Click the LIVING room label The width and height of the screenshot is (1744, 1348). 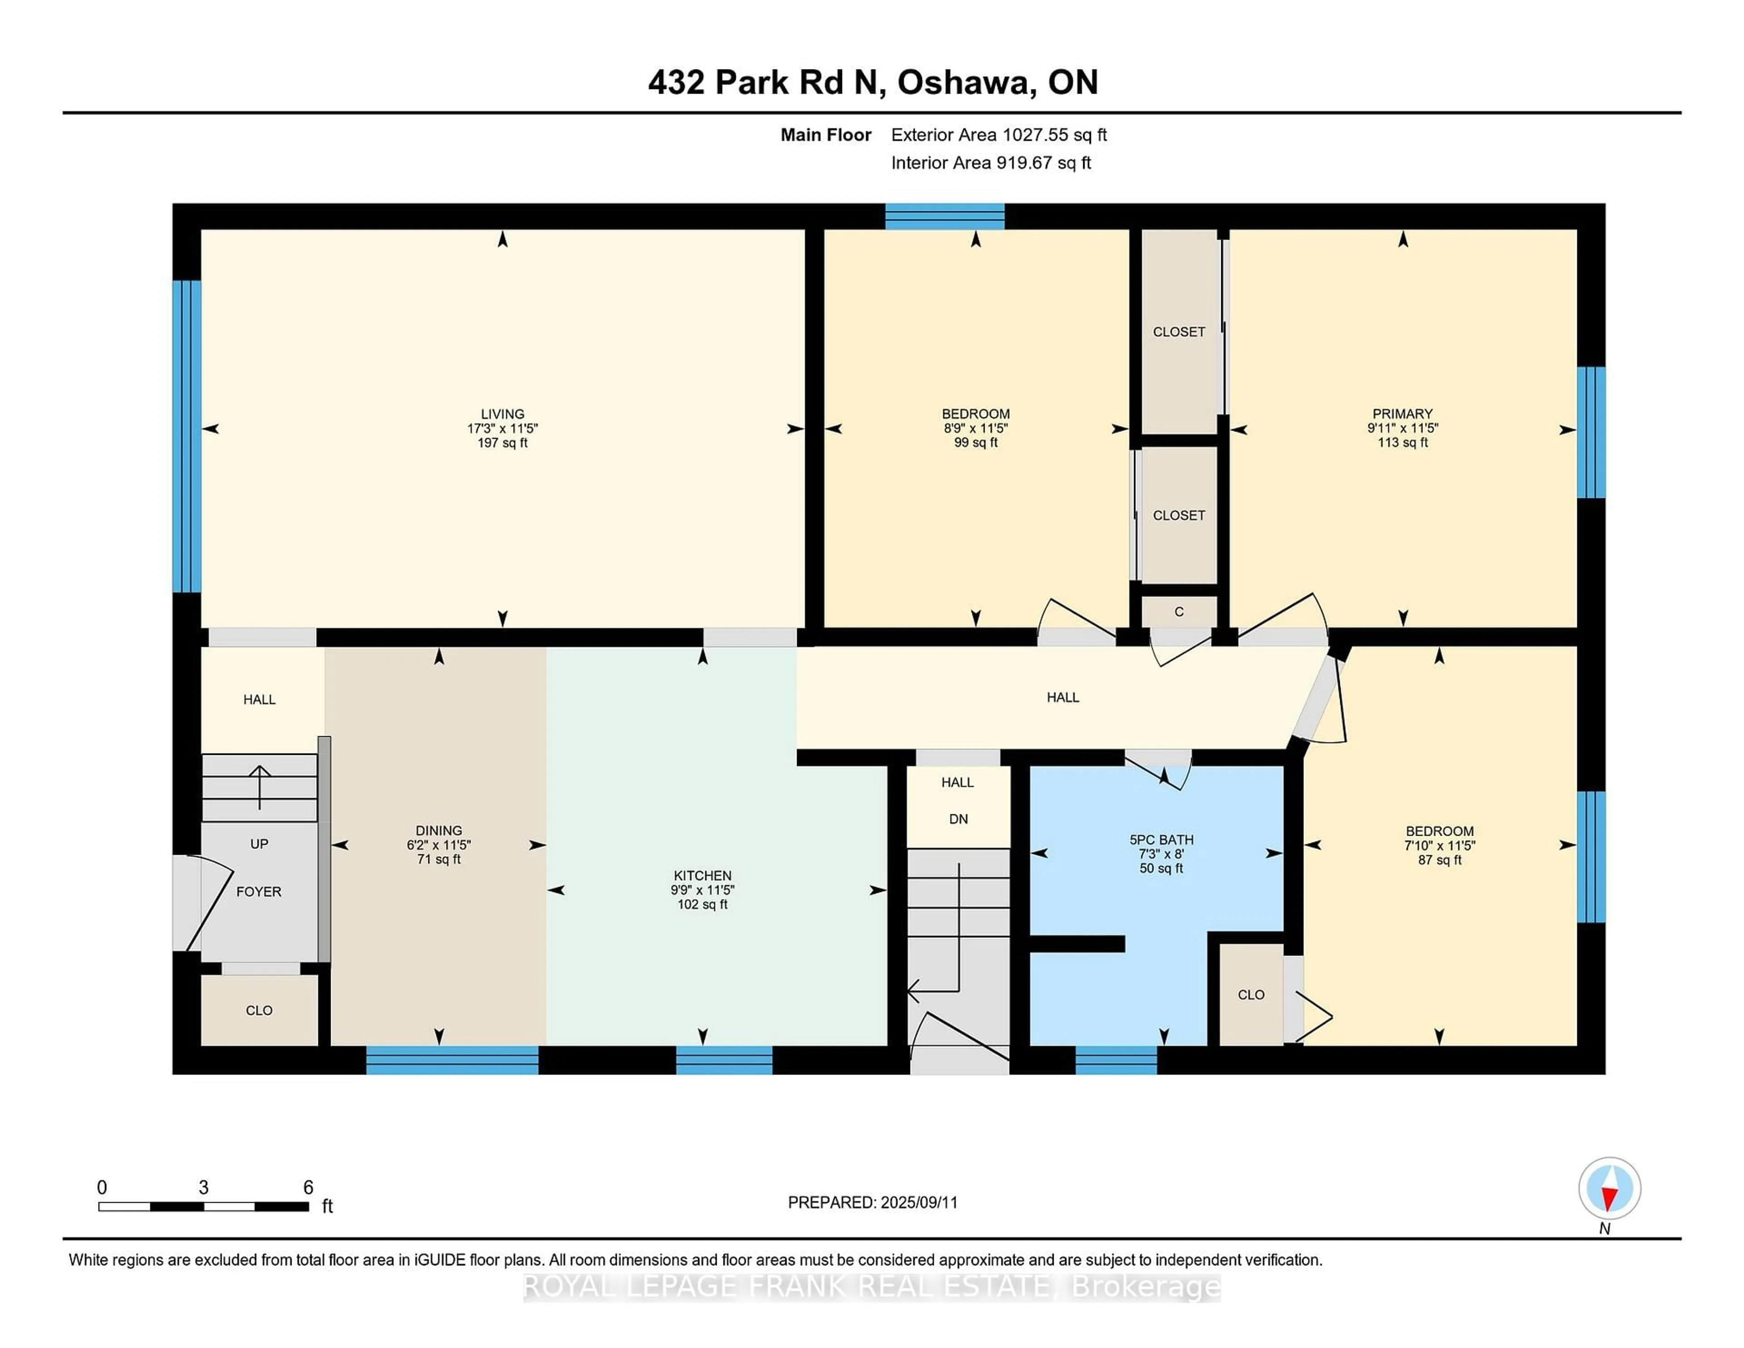(x=502, y=414)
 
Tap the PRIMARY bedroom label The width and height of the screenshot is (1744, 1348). (x=1402, y=414)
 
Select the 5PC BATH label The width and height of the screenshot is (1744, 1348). (x=1161, y=839)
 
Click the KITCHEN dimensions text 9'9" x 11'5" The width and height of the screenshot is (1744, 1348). (x=702, y=890)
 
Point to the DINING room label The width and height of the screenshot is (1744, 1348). (x=438, y=831)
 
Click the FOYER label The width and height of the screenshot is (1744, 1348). (x=259, y=891)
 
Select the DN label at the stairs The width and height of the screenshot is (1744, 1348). (x=958, y=818)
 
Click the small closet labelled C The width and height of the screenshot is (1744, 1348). (x=1179, y=612)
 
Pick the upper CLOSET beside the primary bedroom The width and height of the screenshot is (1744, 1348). (x=1179, y=332)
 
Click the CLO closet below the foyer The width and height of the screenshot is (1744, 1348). (x=259, y=1010)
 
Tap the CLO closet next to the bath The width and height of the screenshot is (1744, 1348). (x=1250, y=994)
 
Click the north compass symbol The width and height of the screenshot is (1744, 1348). (x=1609, y=1188)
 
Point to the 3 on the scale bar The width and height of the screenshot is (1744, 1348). (x=203, y=1188)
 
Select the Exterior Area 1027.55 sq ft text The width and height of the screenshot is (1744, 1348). (x=998, y=135)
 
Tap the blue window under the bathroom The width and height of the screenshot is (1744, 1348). (x=1115, y=1060)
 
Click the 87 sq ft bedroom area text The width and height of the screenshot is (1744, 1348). (x=1439, y=860)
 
